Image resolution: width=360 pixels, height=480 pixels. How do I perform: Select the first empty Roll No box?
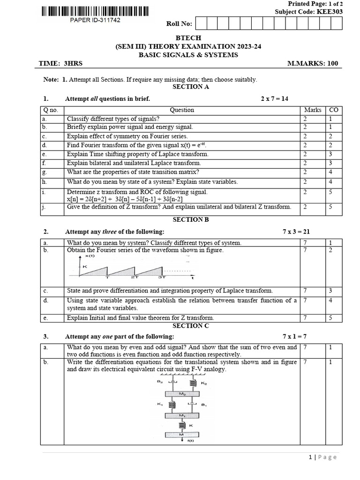coord(200,23)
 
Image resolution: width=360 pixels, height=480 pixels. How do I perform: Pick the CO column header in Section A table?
coord(334,110)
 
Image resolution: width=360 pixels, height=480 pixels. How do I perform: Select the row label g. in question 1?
coord(45,172)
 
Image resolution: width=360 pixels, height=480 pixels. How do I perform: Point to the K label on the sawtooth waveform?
coord(85,266)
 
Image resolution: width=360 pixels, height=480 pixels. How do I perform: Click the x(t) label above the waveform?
coord(89,257)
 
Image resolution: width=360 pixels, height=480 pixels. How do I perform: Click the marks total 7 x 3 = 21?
coord(296,232)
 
